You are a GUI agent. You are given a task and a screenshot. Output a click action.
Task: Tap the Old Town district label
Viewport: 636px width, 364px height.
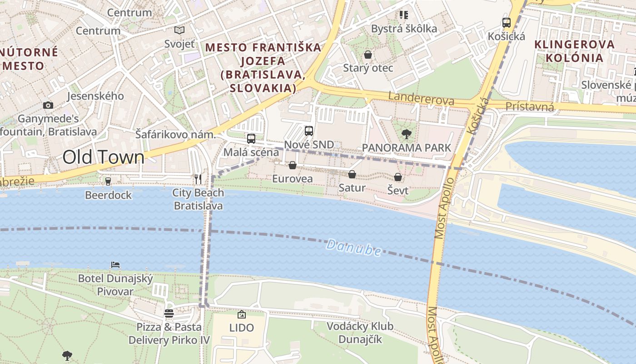tap(103, 157)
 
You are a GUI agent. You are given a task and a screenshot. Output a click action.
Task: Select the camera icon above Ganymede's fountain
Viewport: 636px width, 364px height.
tap(48, 105)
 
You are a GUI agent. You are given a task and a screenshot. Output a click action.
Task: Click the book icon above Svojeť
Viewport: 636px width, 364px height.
tap(179, 30)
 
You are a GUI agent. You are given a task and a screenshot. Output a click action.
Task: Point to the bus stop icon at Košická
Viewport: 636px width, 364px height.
tap(506, 22)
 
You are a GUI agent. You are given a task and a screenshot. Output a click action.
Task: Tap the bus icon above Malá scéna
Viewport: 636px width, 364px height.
tap(251, 138)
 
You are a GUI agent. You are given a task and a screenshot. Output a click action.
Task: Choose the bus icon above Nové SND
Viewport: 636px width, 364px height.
tap(309, 131)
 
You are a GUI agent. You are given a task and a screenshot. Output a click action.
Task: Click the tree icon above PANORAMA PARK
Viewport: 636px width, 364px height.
tap(406, 134)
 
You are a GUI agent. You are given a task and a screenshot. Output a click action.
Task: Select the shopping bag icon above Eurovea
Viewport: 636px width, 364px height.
tap(293, 165)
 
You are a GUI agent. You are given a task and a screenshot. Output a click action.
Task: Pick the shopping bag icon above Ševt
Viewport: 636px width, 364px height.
tap(398, 177)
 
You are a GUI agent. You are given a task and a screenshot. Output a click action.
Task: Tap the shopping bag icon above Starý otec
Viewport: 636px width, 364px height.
tap(368, 55)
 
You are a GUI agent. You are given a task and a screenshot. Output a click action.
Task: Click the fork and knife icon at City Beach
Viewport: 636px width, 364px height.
tap(198, 179)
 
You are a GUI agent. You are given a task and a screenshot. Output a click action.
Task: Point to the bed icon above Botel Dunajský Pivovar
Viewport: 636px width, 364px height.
tap(115, 264)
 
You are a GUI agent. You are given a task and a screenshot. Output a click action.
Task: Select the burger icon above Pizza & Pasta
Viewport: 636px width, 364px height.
tap(169, 313)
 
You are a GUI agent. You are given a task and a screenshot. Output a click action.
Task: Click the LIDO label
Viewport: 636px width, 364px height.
tap(241, 328)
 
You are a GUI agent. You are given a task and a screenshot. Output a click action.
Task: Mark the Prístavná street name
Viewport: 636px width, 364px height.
tap(530, 107)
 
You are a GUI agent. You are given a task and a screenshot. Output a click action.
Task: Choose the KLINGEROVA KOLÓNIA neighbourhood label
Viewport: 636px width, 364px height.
tap(574, 51)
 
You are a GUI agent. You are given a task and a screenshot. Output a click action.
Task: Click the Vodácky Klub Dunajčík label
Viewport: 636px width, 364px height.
tap(360, 333)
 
